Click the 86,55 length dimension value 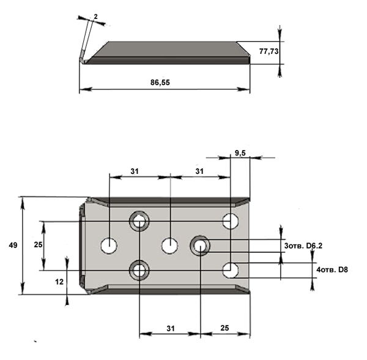click(x=160, y=83)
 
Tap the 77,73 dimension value click(x=269, y=51)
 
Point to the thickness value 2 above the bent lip click(x=95, y=17)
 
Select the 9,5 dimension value click(x=240, y=153)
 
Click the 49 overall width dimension click(x=13, y=246)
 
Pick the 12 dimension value click(x=59, y=282)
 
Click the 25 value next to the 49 click(x=38, y=244)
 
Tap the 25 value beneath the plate click(x=224, y=328)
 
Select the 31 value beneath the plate click(x=171, y=328)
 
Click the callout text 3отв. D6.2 click(x=303, y=246)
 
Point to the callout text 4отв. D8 click(x=332, y=269)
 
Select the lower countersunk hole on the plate click(x=139, y=270)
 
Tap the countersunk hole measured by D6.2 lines click(x=200, y=246)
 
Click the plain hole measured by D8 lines click(x=231, y=270)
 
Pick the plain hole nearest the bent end click(x=109, y=246)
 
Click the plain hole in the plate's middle click(x=170, y=246)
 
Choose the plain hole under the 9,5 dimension click(x=231, y=221)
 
